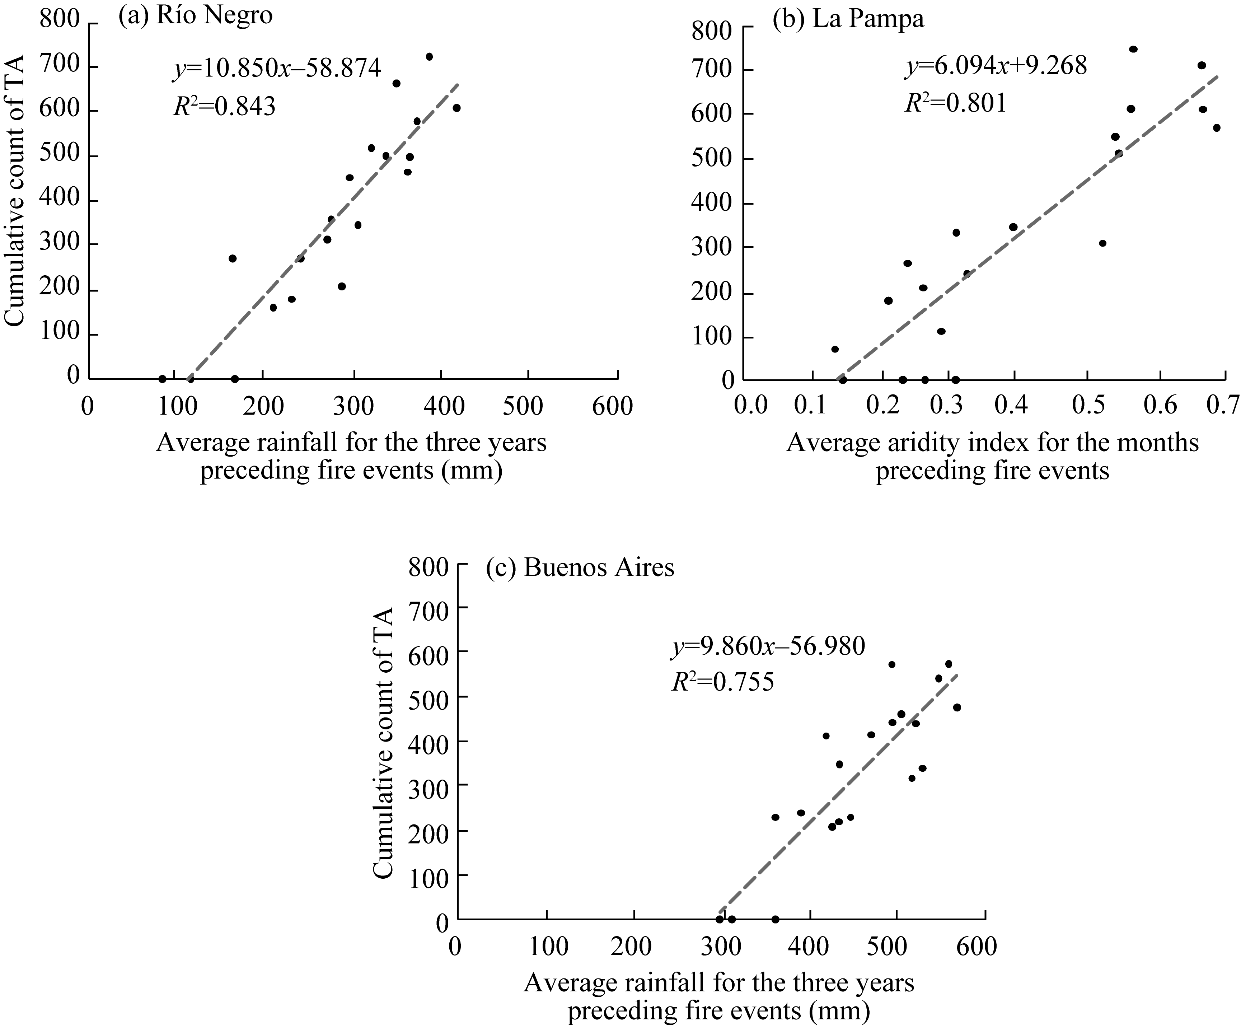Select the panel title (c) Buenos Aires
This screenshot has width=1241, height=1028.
(580, 568)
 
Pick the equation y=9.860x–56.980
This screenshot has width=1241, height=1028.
(768, 647)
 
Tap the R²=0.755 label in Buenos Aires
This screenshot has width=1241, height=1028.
(722, 683)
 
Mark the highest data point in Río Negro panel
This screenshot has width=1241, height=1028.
(429, 57)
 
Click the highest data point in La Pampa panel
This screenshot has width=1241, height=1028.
(1133, 49)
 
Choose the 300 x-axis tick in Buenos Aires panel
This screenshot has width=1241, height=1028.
(722, 947)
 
